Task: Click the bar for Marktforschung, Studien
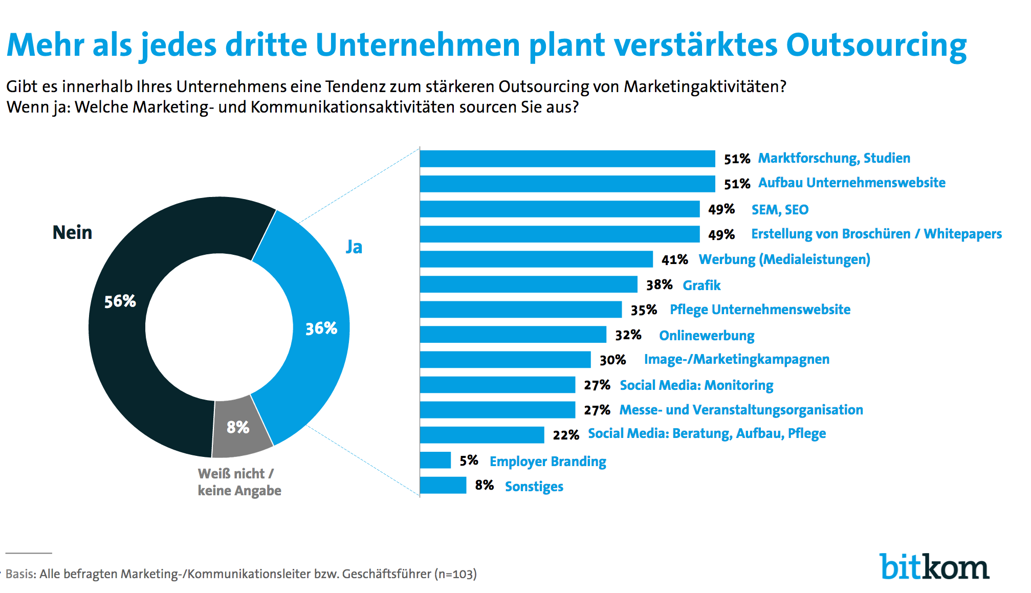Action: click(567, 159)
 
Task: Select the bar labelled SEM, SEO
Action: click(559, 209)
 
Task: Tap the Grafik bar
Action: click(528, 284)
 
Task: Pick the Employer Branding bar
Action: click(435, 460)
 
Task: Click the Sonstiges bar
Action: click(443, 485)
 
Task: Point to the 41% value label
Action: click(674, 259)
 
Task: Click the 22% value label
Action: click(565, 435)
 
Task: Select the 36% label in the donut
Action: click(321, 328)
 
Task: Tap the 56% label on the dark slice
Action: click(120, 301)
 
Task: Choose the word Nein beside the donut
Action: click(72, 233)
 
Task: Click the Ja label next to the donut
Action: click(354, 247)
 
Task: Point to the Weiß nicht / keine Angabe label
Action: click(239, 482)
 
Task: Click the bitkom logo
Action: click(934, 566)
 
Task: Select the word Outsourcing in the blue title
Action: click(875, 45)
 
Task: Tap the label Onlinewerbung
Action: click(706, 336)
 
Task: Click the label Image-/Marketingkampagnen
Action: click(736, 359)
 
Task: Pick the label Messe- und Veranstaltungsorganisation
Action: click(741, 410)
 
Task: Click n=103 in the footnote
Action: click(455, 574)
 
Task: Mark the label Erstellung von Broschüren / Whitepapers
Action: click(876, 234)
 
